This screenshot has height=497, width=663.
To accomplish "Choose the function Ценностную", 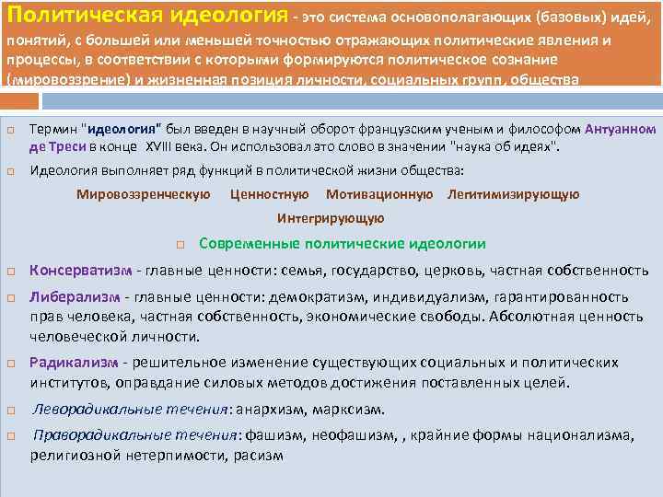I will click(x=270, y=194).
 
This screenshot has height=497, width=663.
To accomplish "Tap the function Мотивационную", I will click(x=379, y=194).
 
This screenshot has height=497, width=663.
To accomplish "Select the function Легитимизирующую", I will click(x=513, y=194).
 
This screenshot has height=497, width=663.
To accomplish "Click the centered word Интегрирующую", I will click(x=331, y=218).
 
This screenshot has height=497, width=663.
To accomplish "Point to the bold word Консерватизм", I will click(x=81, y=271).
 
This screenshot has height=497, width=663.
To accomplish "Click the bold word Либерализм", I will click(x=75, y=298).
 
